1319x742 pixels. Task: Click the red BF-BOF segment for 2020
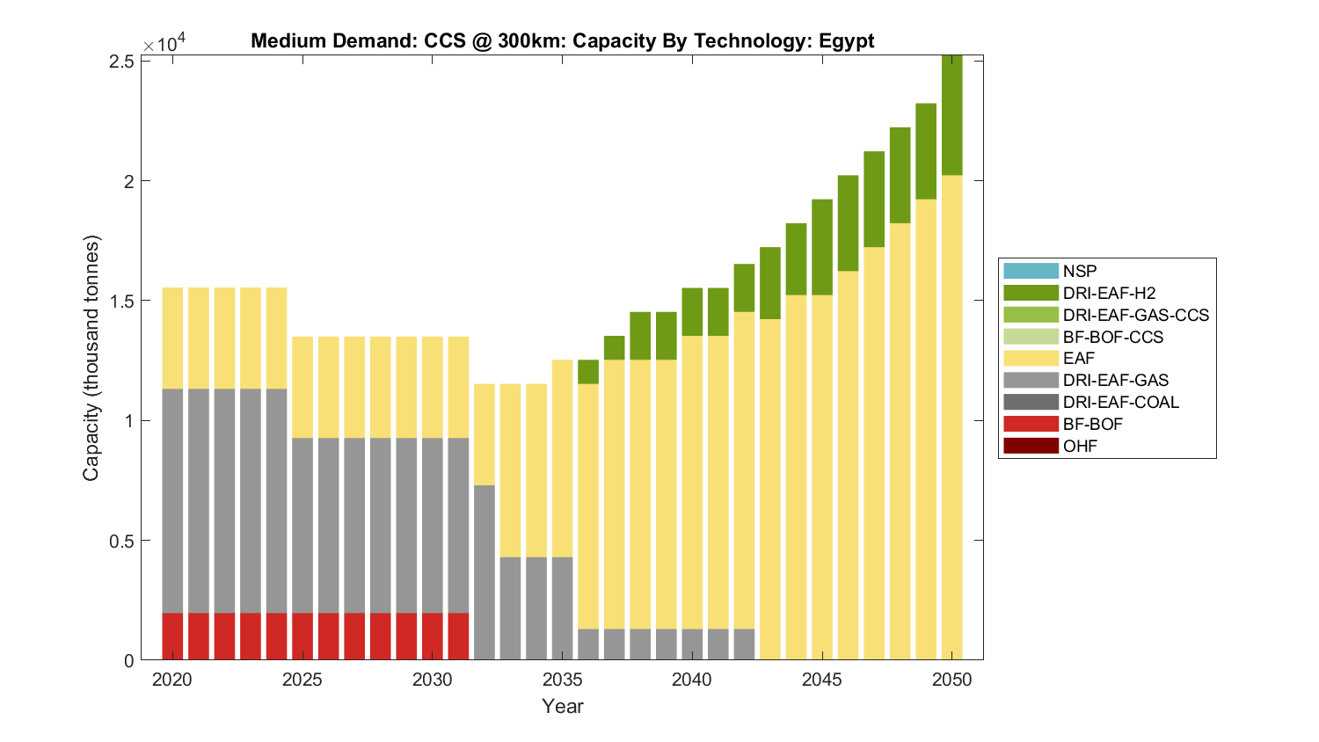[x=172, y=636]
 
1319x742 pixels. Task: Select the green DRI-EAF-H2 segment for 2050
[x=952, y=115]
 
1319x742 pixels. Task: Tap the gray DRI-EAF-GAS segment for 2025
[x=302, y=525]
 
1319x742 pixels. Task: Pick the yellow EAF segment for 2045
[x=822, y=476]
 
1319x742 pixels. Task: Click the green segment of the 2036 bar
[x=588, y=372]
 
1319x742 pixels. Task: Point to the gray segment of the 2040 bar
[x=692, y=644]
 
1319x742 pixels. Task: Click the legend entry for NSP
[x=1079, y=271]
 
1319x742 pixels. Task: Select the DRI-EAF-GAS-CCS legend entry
[x=1135, y=315]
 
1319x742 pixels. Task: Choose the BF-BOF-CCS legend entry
[x=1112, y=337]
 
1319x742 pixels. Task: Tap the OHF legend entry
[x=1080, y=446]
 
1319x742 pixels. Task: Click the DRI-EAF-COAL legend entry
[x=1120, y=402]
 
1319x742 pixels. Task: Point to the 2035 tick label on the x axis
[x=563, y=680]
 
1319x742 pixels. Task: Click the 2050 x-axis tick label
[x=952, y=680]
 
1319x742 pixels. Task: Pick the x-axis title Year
[x=563, y=706]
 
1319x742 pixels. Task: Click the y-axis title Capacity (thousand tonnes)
[x=91, y=358]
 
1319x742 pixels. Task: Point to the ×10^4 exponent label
[x=164, y=42]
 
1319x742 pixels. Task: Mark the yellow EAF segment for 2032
[x=485, y=434]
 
